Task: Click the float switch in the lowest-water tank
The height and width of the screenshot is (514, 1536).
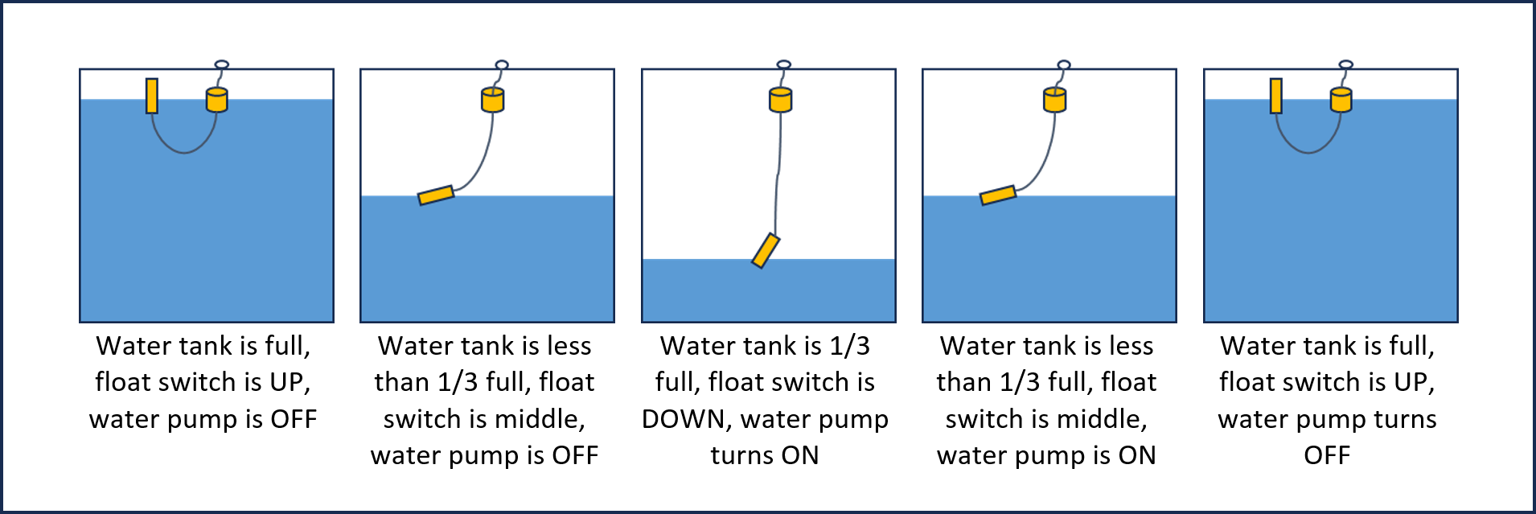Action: (x=766, y=250)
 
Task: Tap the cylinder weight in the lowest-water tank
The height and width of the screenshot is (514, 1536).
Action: (x=780, y=100)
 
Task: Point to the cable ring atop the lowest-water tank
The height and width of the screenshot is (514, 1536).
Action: (x=783, y=64)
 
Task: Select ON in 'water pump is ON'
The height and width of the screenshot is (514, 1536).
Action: (x=1136, y=455)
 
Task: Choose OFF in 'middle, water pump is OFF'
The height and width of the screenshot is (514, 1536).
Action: (x=575, y=455)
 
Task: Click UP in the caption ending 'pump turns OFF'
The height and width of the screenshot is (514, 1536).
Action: (x=1413, y=382)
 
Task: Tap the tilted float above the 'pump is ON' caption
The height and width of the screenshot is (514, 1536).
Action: (x=998, y=195)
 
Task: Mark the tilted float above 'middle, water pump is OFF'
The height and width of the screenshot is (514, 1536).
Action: (x=436, y=195)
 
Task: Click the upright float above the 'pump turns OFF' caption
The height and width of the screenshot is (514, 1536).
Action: (x=1275, y=96)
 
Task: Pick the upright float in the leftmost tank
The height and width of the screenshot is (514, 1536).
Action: (x=151, y=96)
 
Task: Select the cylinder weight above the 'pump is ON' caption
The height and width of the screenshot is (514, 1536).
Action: (x=1054, y=100)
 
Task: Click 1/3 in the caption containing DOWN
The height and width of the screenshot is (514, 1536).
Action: (x=849, y=346)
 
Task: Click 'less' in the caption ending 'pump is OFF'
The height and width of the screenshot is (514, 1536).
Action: (x=569, y=346)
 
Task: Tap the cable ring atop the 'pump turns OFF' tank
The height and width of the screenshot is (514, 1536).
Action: (x=1345, y=64)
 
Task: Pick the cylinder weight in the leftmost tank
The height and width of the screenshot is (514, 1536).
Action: (x=217, y=100)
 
